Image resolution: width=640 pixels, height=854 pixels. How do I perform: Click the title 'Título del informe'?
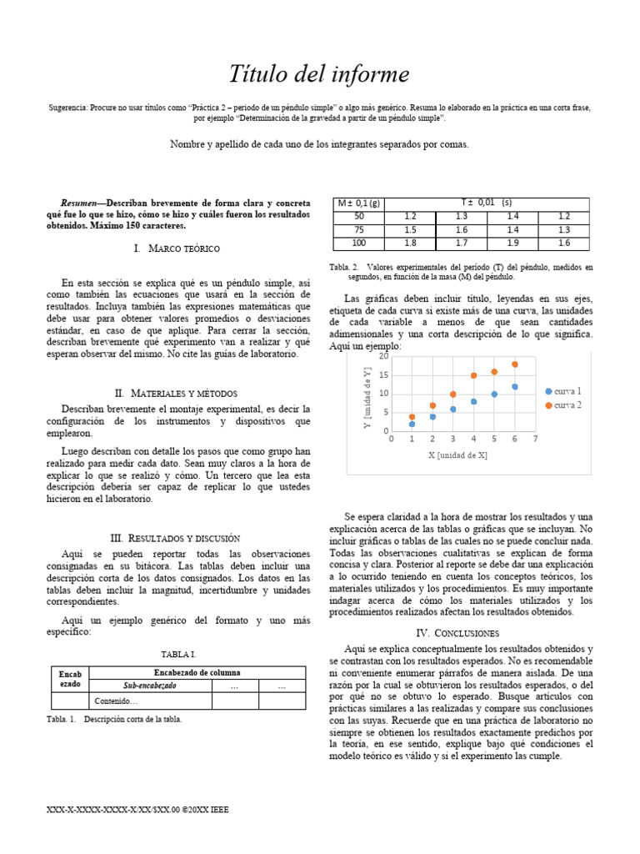(x=319, y=75)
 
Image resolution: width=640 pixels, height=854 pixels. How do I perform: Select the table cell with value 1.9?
(x=512, y=243)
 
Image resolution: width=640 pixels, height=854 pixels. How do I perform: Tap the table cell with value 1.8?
(x=410, y=243)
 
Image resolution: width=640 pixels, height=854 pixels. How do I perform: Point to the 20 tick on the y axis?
(x=382, y=357)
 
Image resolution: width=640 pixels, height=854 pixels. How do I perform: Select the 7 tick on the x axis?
(x=535, y=439)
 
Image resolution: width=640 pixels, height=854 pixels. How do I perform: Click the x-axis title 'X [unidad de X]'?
(x=457, y=455)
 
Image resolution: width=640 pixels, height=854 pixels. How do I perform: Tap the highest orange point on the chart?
(x=515, y=364)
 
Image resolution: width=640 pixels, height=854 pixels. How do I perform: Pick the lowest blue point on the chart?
(x=412, y=424)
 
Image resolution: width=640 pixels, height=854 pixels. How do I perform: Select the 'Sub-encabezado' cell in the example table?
(x=150, y=686)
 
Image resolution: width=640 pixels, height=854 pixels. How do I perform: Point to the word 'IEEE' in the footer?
(x=217, y=809)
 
